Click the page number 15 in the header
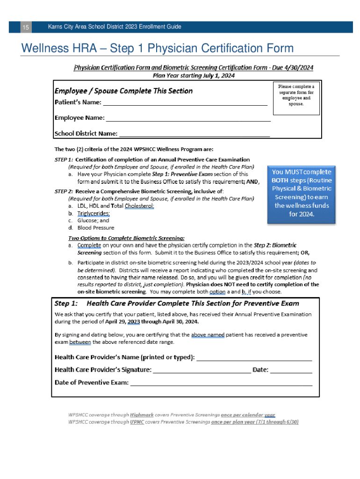pos(26,28)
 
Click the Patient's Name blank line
pos(185,105)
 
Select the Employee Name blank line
pos(188,120)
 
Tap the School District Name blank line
pos(194,136)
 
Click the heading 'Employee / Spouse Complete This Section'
pos(123,91)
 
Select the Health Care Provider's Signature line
pos(202,372)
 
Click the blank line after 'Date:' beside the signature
pos(291,372)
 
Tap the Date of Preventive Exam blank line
pos(221,385)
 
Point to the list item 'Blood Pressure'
pos(96,228)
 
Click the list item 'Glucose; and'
pos(93,220)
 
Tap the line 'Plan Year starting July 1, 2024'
pos(194,75)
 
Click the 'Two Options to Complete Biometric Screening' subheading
pos(126,238)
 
